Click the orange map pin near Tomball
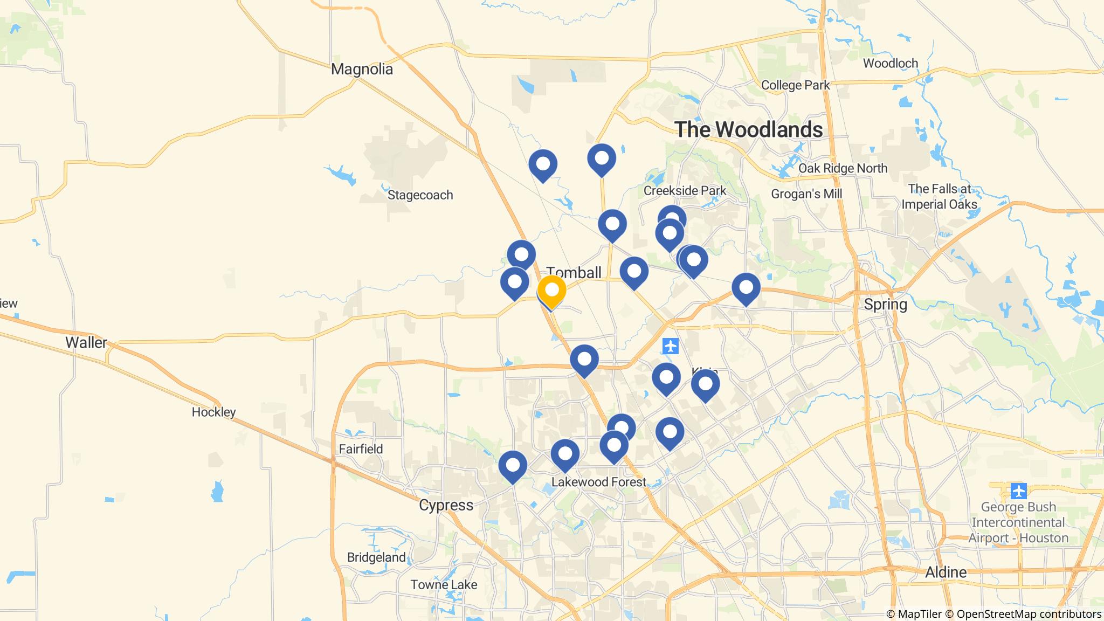[551, 291]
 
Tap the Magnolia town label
[362, 69]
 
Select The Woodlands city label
[748, 129]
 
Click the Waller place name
[86, 342]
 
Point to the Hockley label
[214, 412]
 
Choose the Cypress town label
[446, 505]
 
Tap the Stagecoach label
[420, 195]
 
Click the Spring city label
[885, 304]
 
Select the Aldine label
[946, 572]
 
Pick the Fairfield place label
[361, 448]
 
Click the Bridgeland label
[376, 557]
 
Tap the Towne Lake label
[444, 584]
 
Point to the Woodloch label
[890, 63]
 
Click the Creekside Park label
[685, 190]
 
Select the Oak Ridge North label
[843, 168]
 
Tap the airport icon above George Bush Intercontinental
[1018, 491]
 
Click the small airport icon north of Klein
[671, 346]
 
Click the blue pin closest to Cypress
[512, 466]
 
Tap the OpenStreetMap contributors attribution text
[1021, 614]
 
